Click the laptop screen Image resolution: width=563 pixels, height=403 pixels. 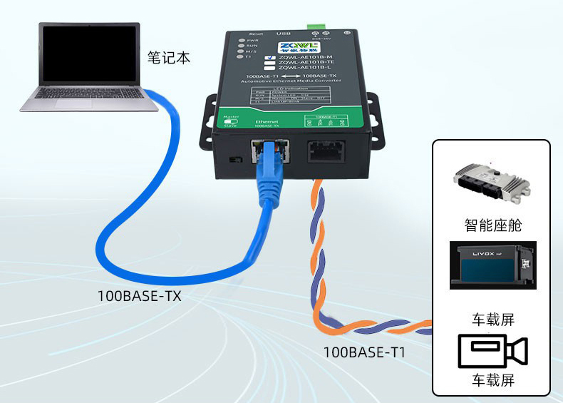click(89, 53)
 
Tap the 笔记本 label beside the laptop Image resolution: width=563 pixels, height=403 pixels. click(169, 57)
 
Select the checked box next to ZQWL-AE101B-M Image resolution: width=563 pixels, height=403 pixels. click(269, 57)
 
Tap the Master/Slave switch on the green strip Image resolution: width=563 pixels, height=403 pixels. click(229, 122)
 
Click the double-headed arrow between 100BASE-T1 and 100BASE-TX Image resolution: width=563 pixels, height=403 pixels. click(288, 76)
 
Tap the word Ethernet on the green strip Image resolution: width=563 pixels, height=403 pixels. click(267, 122)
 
